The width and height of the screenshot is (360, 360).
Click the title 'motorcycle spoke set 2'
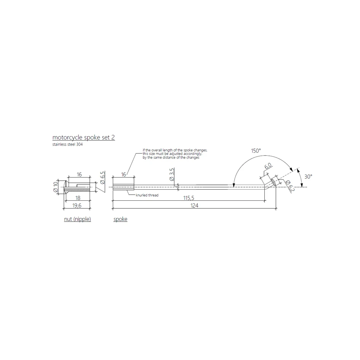coord(83,138)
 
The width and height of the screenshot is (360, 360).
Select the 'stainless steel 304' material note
coord(67,145)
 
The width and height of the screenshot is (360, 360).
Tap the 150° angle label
coord(256,151)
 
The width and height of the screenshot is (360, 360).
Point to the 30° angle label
coord(308,176)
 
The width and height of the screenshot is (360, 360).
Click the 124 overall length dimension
coord(194,205)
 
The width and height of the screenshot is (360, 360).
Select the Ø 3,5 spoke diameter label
coord(172,174)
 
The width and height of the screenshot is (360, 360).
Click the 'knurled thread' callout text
coord(147,195)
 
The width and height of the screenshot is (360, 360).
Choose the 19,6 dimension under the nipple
coord(77,205)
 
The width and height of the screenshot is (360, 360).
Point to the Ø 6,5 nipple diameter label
coord(102,178)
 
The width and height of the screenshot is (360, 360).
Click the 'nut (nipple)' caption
coord(77,220)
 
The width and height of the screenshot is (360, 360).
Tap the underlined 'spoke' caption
coord(120,220)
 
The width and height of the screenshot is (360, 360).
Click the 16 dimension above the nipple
coord(79,174)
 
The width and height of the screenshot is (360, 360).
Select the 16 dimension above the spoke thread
coord(123,174)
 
